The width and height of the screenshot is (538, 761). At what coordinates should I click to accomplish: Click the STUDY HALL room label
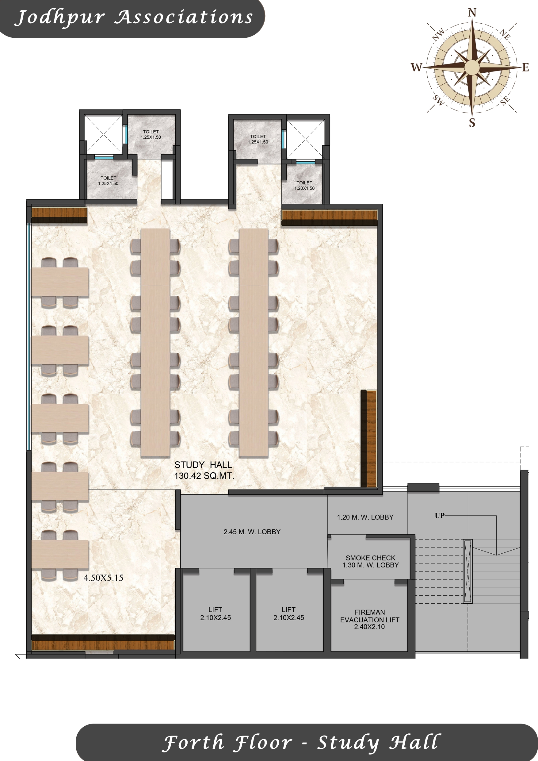pos(203,465)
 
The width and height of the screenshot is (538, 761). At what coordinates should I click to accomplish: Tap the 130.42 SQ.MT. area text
pos(204,476)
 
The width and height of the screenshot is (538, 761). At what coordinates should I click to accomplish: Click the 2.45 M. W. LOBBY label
pos(252,532)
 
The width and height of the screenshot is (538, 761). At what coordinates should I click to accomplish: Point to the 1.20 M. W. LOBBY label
pos(365,517)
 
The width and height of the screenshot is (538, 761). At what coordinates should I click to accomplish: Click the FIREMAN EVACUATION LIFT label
pos(370,620)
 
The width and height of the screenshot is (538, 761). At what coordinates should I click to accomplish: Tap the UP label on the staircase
pos(440,515)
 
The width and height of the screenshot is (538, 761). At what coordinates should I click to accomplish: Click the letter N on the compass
pos(472,13)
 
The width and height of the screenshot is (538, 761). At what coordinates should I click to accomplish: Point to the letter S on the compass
pos(472,123)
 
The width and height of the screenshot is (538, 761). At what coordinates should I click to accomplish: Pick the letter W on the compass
pos(417,67)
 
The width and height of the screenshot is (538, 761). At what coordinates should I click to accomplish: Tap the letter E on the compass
pos(525,67)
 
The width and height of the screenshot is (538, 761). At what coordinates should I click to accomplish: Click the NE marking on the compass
pos(505,34)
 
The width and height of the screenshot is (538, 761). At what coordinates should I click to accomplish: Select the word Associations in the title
pos(184,17)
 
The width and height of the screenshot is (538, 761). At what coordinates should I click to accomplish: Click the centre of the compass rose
pos(472,67)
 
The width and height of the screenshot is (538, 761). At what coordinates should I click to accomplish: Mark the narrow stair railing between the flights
pos(467,571)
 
